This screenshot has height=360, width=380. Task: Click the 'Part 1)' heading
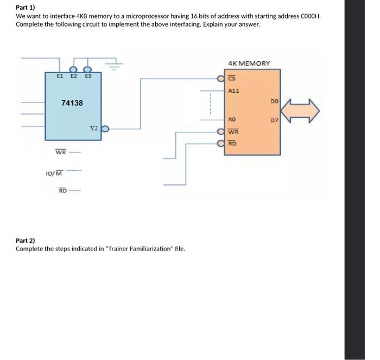tap(25, 8)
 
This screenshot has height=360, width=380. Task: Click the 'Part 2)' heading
tap(25, 240)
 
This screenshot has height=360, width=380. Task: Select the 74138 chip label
tap(72, 102)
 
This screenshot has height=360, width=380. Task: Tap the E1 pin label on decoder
tap(61, 76)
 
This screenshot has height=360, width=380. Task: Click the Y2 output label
tap(93, 129)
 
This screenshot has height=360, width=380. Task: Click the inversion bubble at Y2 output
tap(106, 129)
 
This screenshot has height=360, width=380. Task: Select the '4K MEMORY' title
tap(249, 63)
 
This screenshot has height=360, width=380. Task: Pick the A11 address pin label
tap(233, 91)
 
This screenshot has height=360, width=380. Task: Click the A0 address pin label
tap(232, 119)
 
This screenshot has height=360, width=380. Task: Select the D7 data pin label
tap(274, 119)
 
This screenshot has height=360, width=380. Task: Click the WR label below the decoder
tap(61, 152)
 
